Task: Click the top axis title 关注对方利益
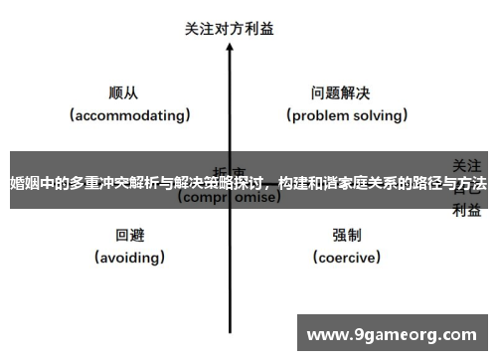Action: click(x=230, y=29)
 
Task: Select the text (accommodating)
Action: click(x=130, y=115)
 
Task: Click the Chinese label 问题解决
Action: click(x=340, y=92)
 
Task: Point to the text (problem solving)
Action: click(x=348, y=115)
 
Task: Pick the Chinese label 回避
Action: click(x=130, y=236)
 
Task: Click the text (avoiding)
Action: click(x=130, y=258)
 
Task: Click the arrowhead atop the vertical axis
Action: click(x=230, y=52)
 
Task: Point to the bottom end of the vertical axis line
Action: click(x=230, y=331)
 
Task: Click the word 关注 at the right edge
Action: click(x=468, y=164)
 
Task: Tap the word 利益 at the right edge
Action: click(x=468, y=210)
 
